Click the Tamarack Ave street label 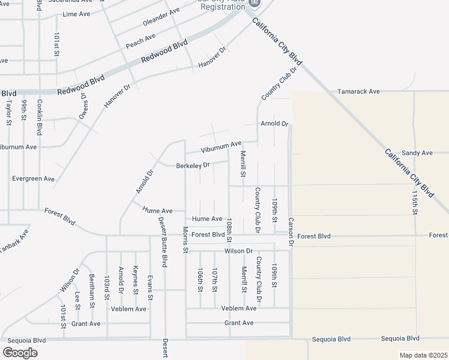[x=358, y=91]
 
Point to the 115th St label [x=415, y=203]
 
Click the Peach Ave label [x=140, y=41]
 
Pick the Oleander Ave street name [x=161, y=17]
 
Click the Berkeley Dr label [x=192, y=165]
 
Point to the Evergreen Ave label [x=33, y=179]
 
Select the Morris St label [x=186, y=240]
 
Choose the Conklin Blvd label [x=40, y=116]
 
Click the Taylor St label [x=9, y=112]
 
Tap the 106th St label [x=200, y=280]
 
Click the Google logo [x=20, y=352]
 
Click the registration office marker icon [x=254, y=3]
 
